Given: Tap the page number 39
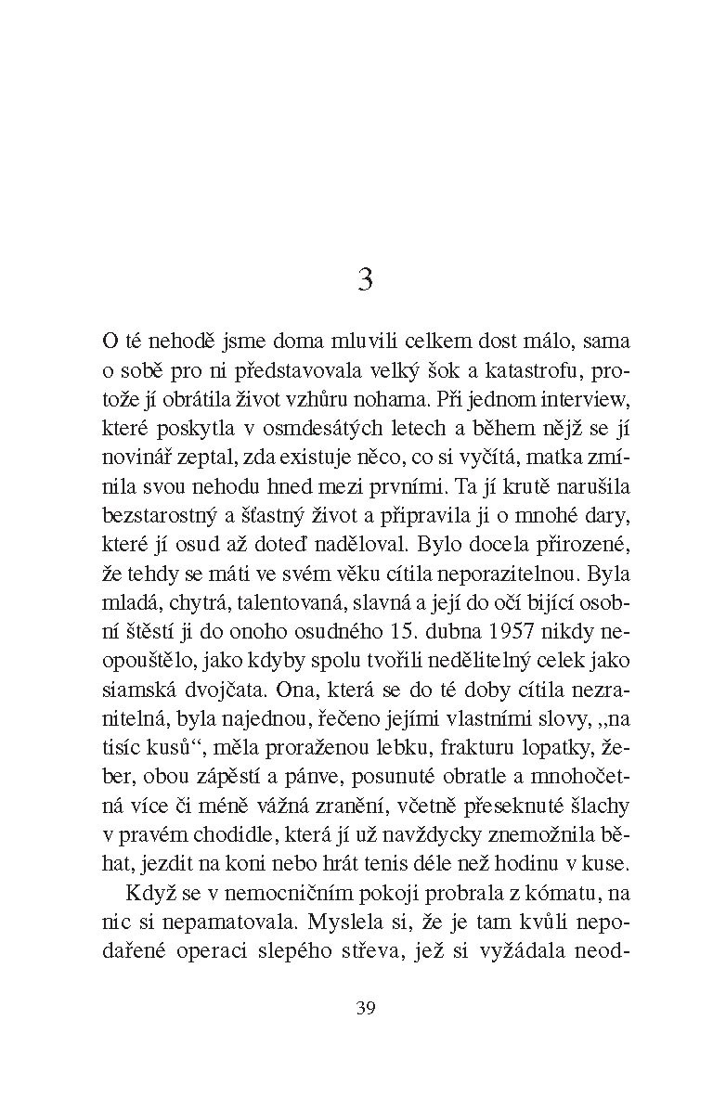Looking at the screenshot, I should point(365,1009).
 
